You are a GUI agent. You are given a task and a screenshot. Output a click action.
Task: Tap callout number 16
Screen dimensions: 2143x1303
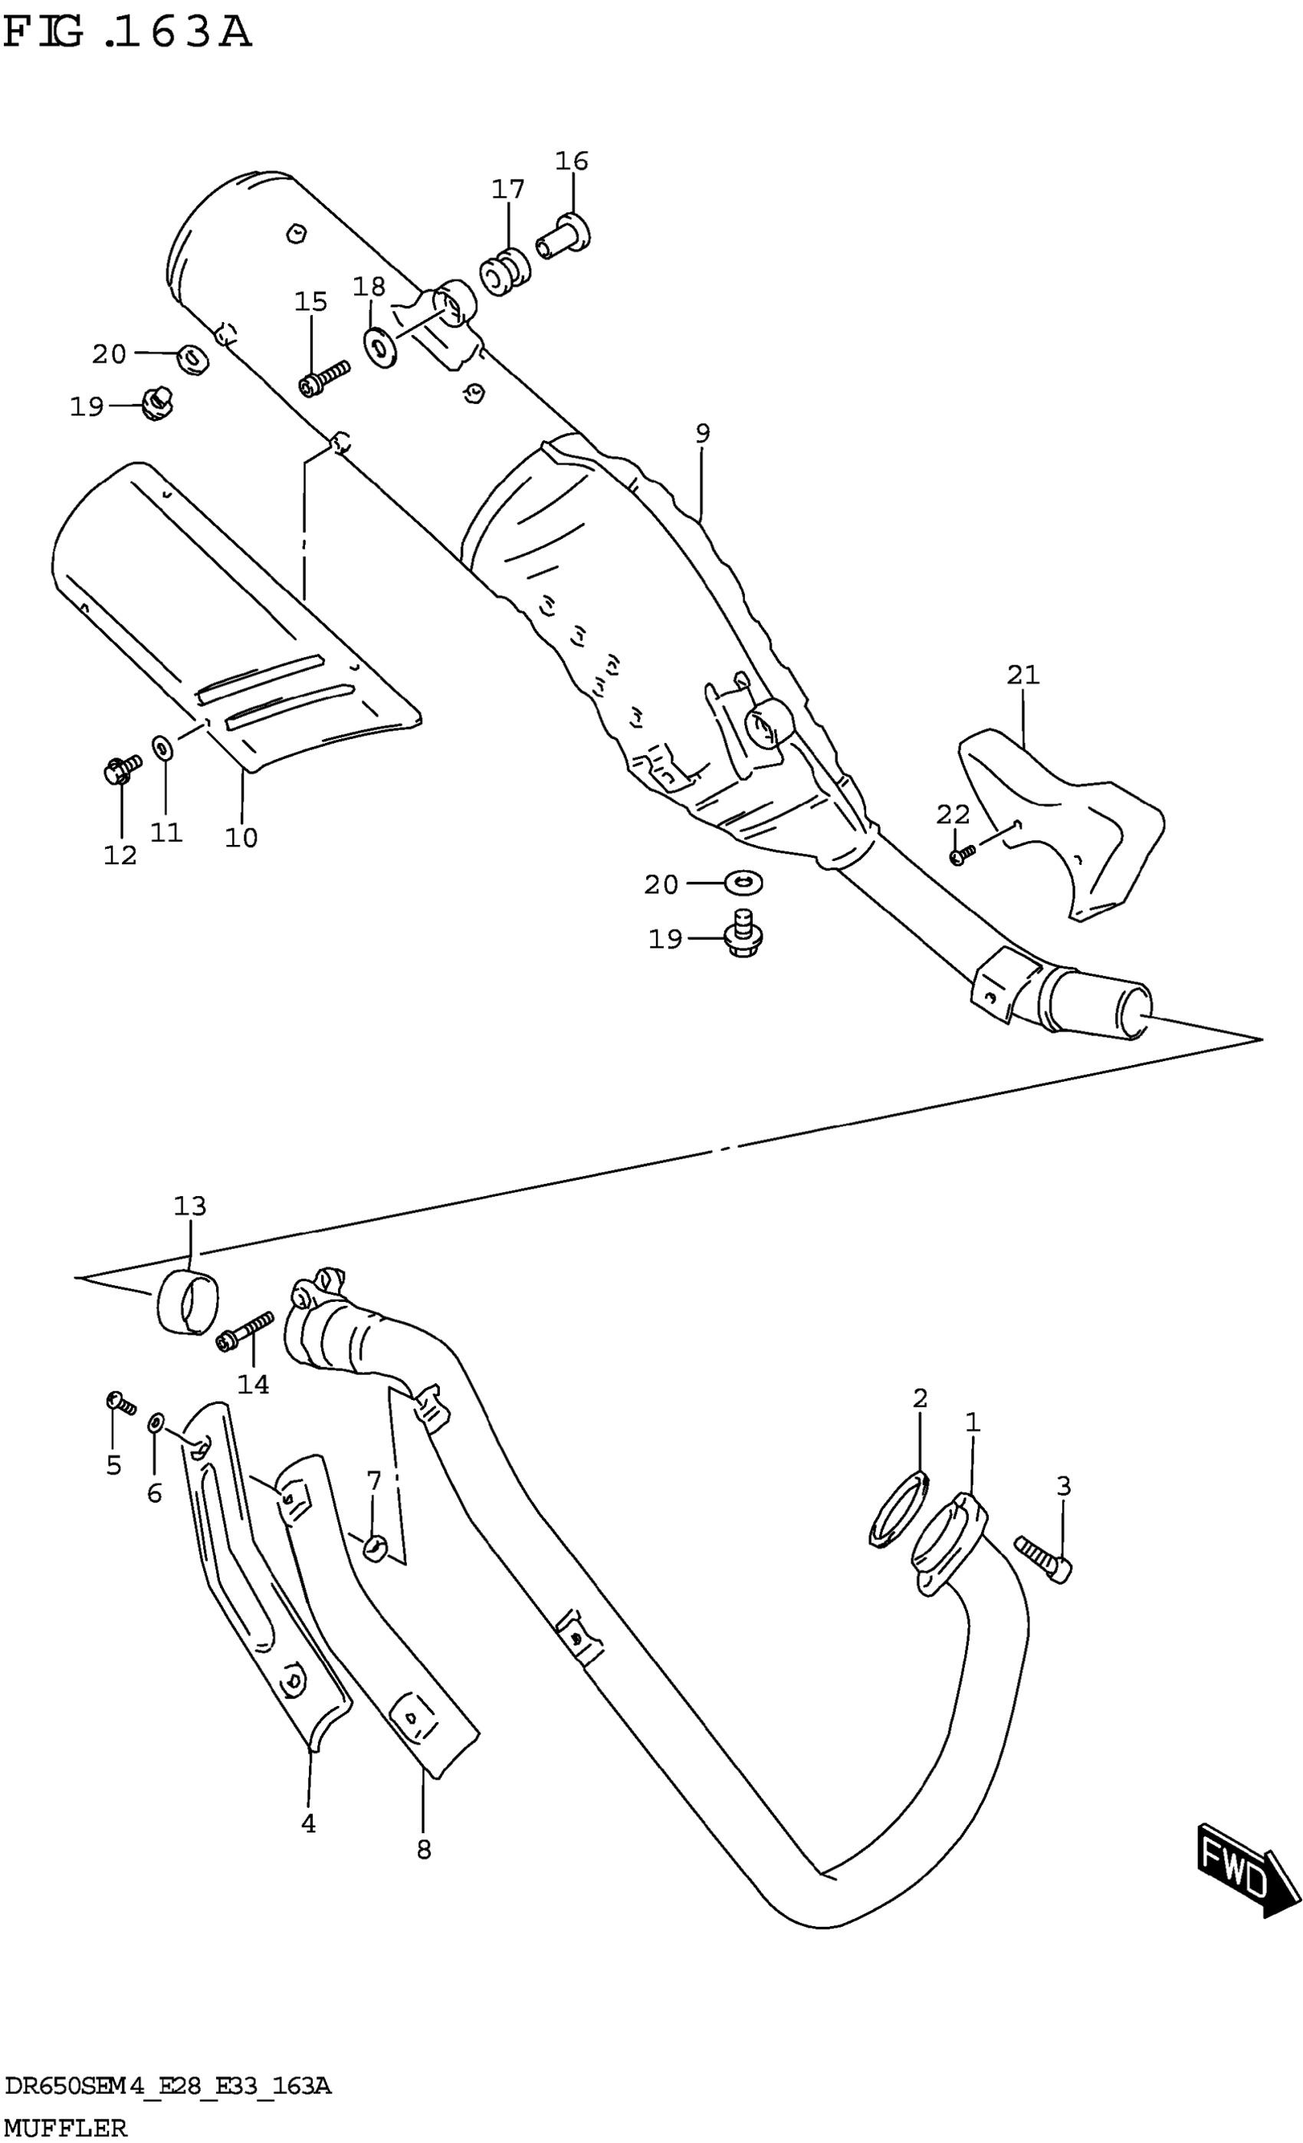(x=571, y=161)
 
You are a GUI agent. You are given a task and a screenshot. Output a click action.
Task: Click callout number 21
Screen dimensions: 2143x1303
(x=1023, y=674)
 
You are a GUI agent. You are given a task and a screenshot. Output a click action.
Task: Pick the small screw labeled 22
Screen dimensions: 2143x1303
(x=960, y=856)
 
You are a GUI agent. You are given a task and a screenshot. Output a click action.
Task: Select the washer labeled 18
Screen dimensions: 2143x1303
(x=379, y=348)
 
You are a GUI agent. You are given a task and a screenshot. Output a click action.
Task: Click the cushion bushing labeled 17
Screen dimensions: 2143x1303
(x=504, y=271)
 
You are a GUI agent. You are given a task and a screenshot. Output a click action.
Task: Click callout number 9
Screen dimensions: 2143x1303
(x=702, y=433)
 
